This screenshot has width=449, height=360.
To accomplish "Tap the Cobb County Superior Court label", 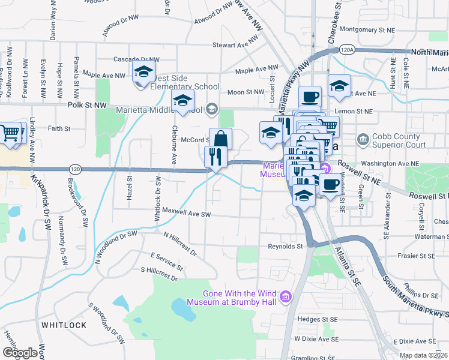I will coord(400,140).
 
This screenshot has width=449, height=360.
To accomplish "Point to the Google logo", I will coord(20,353).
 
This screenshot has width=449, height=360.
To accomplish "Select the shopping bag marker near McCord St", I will coord(220,139).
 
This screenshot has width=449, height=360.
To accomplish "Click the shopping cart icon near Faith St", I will coord(11,133).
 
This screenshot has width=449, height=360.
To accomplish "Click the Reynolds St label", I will coord(285,246).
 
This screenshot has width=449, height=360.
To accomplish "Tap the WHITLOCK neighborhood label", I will coord(64,325).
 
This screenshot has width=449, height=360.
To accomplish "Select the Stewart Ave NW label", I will coord(238,44).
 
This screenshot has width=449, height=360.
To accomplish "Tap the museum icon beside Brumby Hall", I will coord(286,296).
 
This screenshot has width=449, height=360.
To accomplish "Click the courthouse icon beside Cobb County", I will coord(363,140).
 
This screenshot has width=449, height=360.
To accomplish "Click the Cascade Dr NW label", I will coord(136,60).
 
